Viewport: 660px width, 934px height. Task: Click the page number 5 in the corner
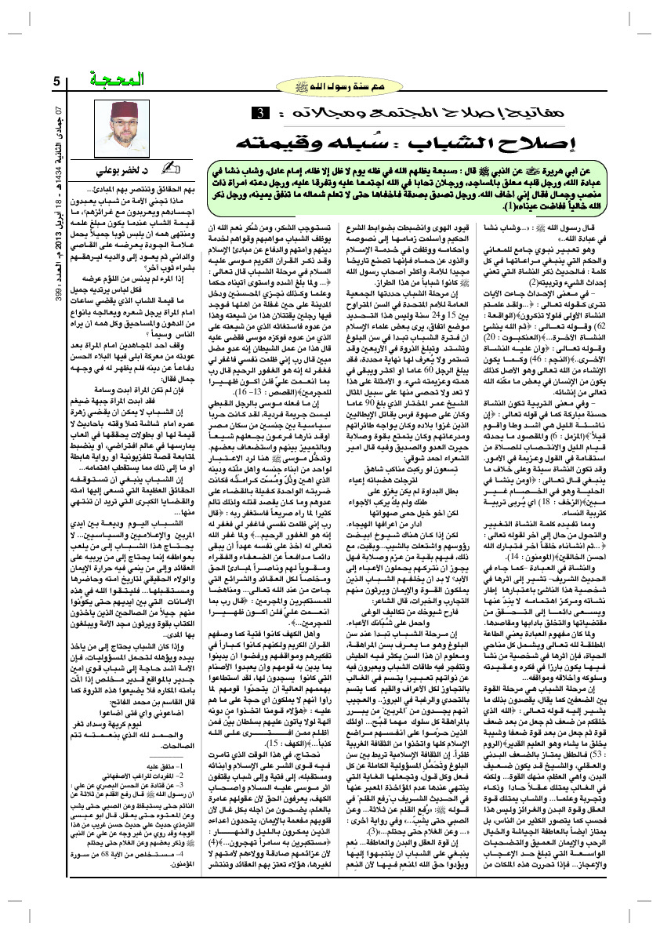click(x=56, y=81)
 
